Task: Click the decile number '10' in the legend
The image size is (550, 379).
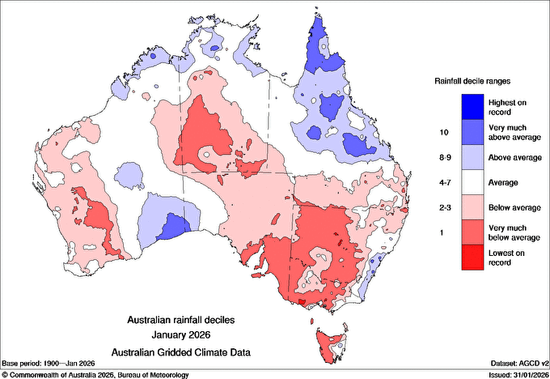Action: (x=442, y=131)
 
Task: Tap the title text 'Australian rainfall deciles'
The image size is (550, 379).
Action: (x=186, y=320)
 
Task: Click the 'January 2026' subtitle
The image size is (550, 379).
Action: (x=186, y=335)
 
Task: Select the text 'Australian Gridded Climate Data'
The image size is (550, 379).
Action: (x=186, y=351)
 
